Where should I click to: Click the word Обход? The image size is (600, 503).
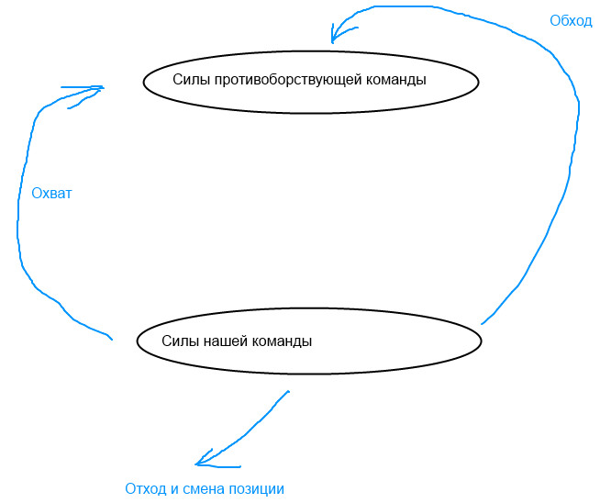(x=571, y=21)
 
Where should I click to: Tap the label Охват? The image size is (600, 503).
(x=51, y=194)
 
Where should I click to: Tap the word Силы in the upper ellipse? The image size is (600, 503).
(x=189, y=80)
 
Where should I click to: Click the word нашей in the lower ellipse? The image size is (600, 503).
(x=220, y=341)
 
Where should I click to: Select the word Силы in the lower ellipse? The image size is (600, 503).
(x=178, y=341)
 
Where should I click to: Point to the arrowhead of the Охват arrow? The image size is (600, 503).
(x=102, y=88)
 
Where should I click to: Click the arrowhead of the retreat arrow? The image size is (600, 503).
(x=197, y=463)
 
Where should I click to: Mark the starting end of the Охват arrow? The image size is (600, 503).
(x=112, y=340)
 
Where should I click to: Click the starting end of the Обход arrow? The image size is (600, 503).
(x=482, y=324)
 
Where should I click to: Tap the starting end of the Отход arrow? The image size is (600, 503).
(x=289, y=392)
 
